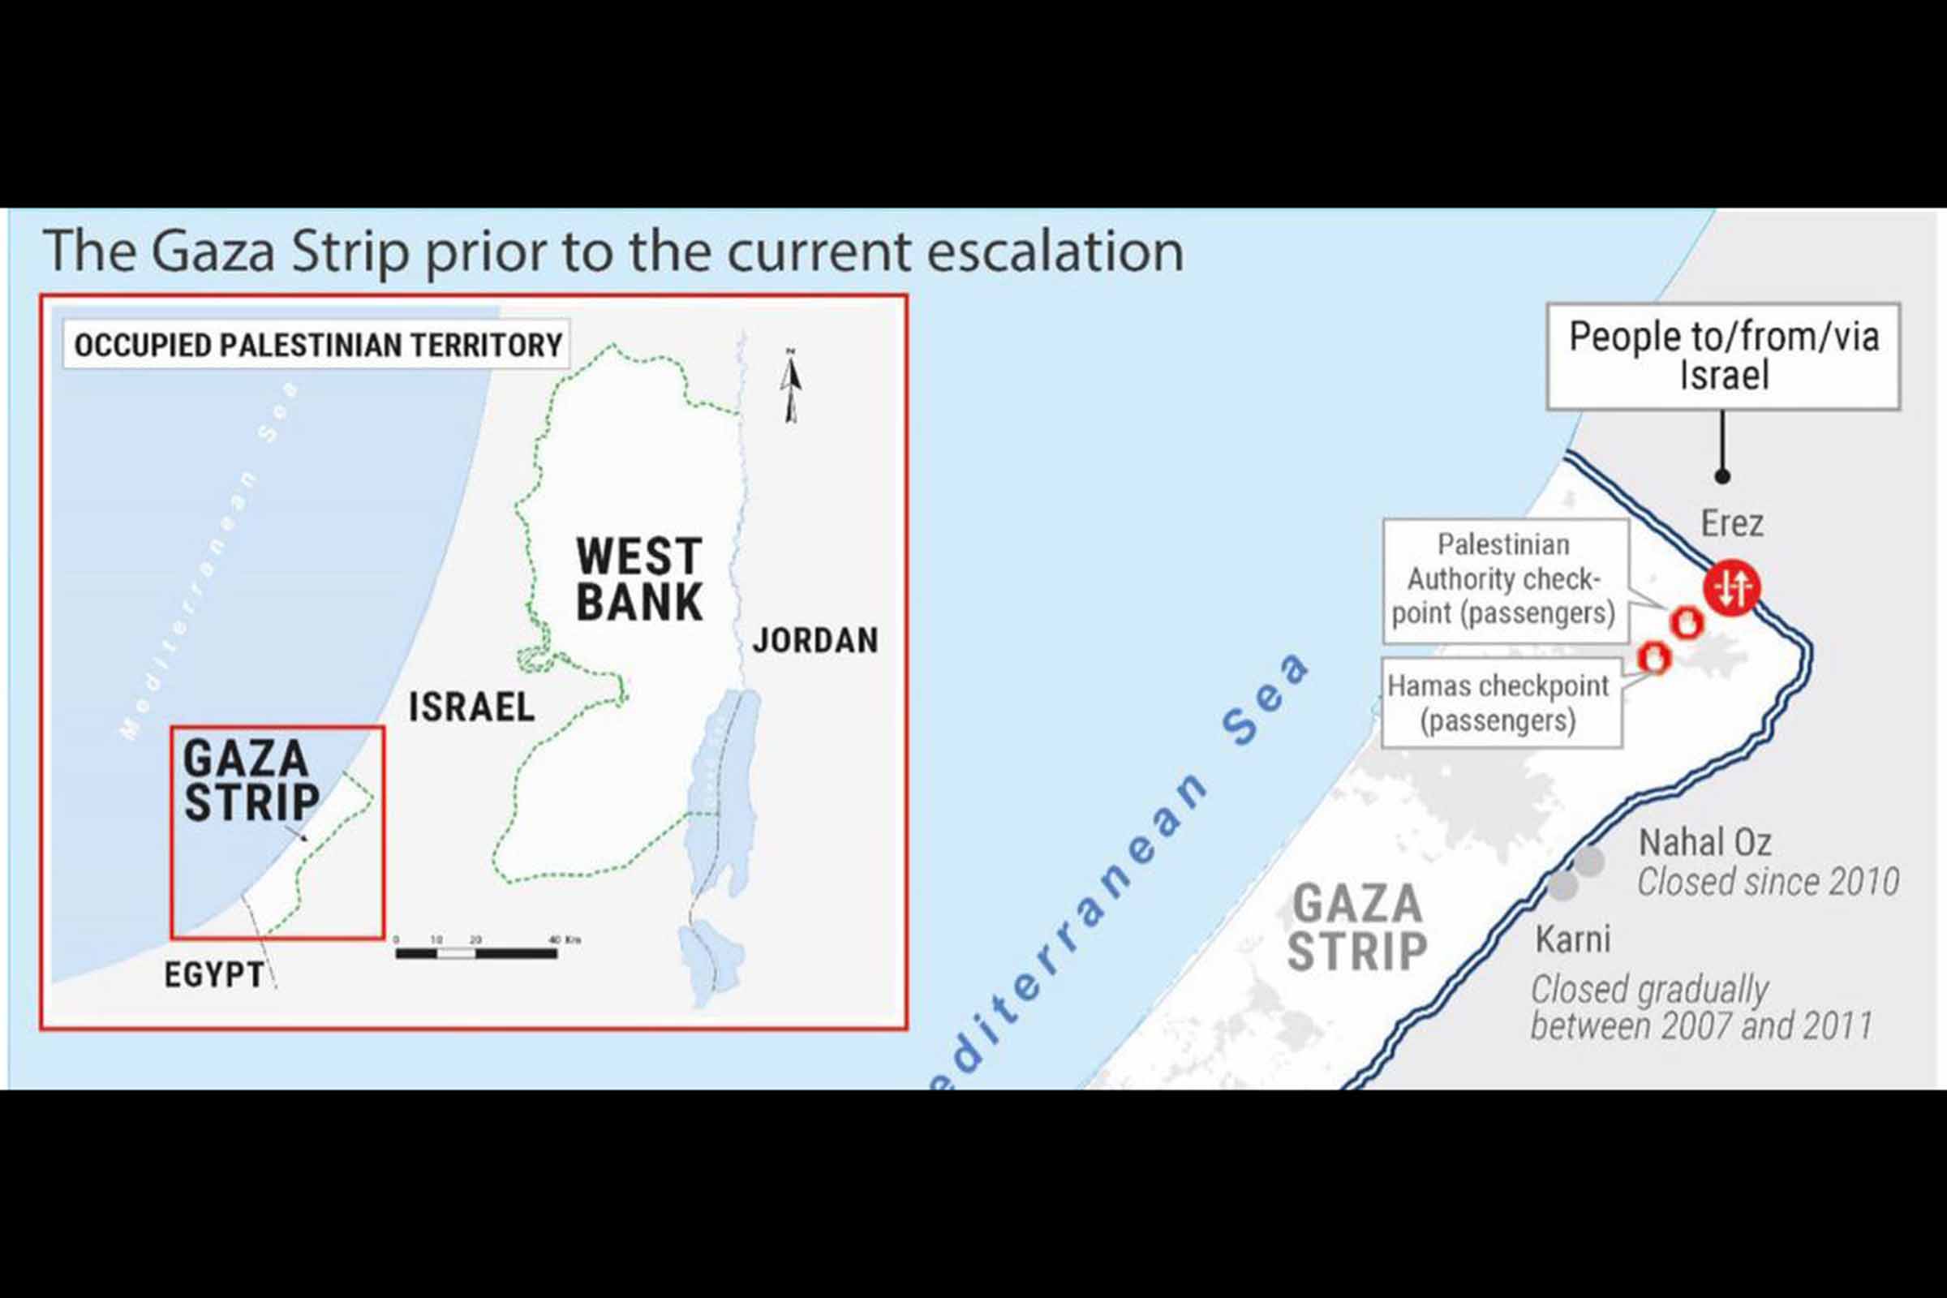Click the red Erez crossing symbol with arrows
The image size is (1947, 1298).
coord(1732,587)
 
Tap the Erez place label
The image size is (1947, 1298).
coord(1732,523)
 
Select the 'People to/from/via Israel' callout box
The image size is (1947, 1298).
coord(1723,356)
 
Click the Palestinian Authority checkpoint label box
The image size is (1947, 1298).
coord(1504,579)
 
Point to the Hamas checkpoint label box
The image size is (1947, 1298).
coord(1499,703)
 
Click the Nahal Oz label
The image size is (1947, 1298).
coord(1705,843)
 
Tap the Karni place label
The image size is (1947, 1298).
coord(1573,939)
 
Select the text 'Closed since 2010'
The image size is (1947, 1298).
coord(1769,882)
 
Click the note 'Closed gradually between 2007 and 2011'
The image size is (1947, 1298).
coord(1700,1008)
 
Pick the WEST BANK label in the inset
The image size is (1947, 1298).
coord(639,578)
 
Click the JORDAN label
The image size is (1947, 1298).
coord(815,641)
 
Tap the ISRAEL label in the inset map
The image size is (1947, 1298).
coord(472,707)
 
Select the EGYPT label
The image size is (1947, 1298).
coord(214,974)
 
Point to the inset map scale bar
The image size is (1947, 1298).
coord(477,952)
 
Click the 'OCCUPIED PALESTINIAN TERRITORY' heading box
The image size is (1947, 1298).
coord(318,344)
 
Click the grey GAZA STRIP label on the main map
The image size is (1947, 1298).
coord(1357,927)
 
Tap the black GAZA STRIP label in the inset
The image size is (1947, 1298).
coord(251,780)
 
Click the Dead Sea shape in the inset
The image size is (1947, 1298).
coord(720,795)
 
